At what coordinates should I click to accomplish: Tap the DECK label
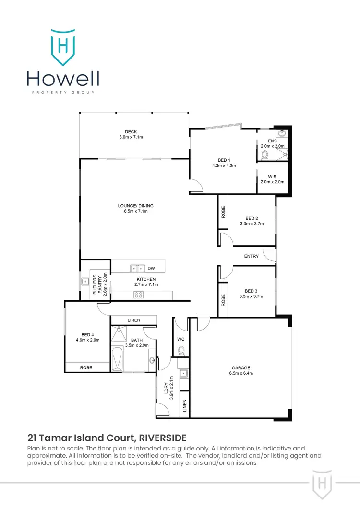click(131, 132)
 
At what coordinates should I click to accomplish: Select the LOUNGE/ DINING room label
click(135, 206)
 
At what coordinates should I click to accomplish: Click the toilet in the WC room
click(181, 351)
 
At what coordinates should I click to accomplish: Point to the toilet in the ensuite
click(264, 155)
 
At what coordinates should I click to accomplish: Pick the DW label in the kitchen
click(151, 269)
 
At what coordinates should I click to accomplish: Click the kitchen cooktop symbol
click(139, 295)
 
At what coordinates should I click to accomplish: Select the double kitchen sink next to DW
click(136, 269)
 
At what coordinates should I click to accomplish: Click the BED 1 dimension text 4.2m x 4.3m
click(224, 165)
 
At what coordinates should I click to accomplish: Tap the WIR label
click(273, 177)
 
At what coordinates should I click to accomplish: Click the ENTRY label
click(252, 256)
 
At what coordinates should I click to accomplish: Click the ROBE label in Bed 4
click(86, 367)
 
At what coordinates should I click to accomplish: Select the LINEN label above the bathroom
click(134, 320)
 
